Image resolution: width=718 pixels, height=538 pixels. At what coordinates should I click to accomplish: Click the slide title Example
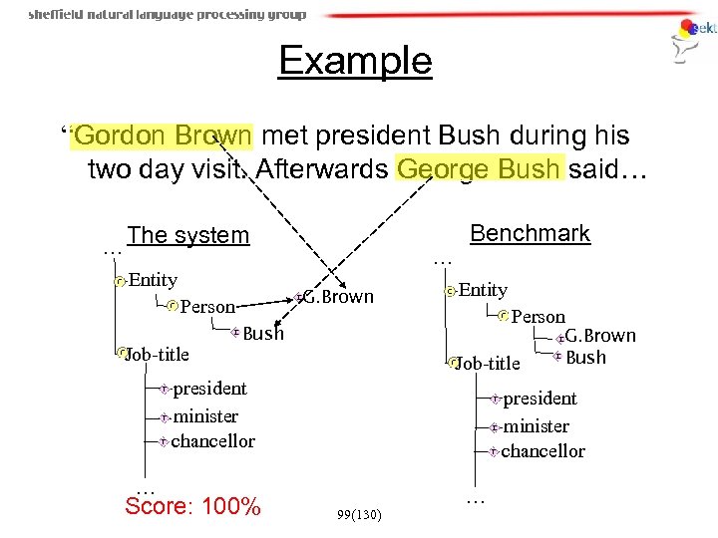point(355,62)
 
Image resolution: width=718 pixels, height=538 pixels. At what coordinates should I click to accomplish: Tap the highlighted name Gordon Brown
point(165,135)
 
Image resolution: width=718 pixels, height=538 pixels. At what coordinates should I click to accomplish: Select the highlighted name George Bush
point(480,169)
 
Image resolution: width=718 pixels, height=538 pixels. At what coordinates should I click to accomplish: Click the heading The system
point(188,236)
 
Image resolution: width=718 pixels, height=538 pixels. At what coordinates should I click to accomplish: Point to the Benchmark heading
point(530,234)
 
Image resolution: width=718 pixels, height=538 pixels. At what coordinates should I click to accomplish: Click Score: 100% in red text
point(192,507)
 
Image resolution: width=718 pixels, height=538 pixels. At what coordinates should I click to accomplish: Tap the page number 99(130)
point(358,514)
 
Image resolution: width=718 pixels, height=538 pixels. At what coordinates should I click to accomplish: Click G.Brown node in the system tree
point(337,297)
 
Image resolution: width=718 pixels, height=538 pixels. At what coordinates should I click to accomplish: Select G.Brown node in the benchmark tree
point(600,336)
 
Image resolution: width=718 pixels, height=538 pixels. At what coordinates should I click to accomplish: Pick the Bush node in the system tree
point(263,334)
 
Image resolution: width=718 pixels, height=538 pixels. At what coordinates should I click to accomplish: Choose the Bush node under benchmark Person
point(585,358)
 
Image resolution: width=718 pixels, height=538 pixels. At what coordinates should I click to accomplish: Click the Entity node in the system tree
point(153,281)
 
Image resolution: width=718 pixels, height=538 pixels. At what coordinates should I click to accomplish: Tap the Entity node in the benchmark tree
point(483,290)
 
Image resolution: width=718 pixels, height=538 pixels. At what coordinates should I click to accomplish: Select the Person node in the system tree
point(207,307)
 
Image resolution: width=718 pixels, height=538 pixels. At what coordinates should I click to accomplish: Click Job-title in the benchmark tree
point(488,364)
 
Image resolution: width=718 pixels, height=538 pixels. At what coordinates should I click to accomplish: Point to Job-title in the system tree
point(157,353)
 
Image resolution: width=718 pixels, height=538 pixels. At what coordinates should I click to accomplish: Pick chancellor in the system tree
point(213,440)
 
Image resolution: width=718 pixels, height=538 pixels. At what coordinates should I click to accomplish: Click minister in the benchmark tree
point(536,426)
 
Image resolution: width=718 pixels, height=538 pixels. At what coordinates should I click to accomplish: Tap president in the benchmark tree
point(539,399)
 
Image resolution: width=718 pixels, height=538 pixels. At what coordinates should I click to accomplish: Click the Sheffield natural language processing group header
point(167,14)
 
